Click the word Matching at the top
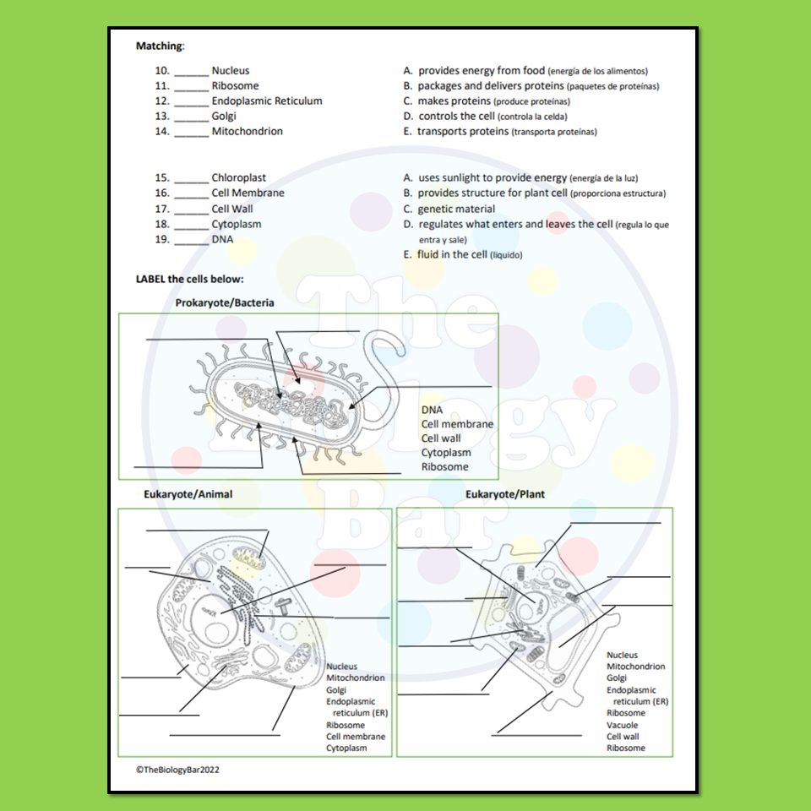coord(160,46)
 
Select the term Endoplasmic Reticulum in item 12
coord(267,101)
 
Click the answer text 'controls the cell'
coord(456,116)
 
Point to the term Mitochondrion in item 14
coord(247,131)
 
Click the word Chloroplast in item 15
coord(238,177)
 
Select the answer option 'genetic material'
coord(456,209)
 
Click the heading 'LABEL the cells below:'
coord(189,279)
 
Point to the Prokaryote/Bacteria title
coord(225,302)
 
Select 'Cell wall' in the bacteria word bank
coord(441,438)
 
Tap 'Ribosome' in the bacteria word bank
coord(444,467)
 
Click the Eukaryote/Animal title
coord(188,494)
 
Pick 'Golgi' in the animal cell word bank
coord(336,689)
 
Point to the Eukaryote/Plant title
coord(505,494)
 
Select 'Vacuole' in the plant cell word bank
coord(622,725)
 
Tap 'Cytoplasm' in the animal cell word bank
coord(346,748)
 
